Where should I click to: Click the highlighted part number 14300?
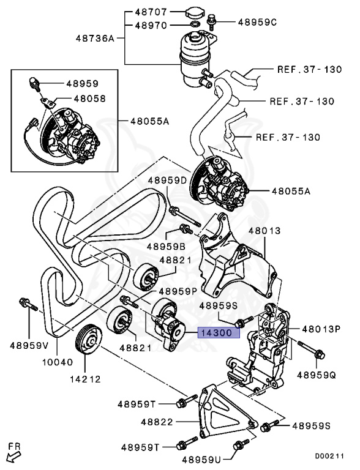point(214,334)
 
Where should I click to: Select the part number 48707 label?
point(150,12)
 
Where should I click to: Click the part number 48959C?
point(257,22)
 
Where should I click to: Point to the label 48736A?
point(95,38)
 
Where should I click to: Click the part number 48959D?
point(167,181)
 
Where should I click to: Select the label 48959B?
point(166,246)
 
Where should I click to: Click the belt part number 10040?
point(58,362)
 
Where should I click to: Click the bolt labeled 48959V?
point(26,304)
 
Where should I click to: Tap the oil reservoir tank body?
point(195,52)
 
